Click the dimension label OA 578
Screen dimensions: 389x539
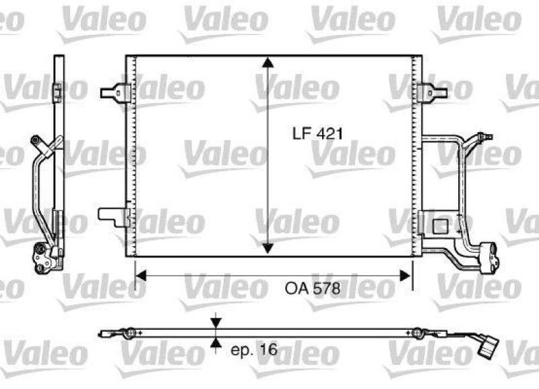coord(311,288)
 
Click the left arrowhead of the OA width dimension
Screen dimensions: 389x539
coord(141,275)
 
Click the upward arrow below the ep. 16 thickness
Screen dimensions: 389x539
coord(215,345)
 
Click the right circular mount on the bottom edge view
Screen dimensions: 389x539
coord(418,332)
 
